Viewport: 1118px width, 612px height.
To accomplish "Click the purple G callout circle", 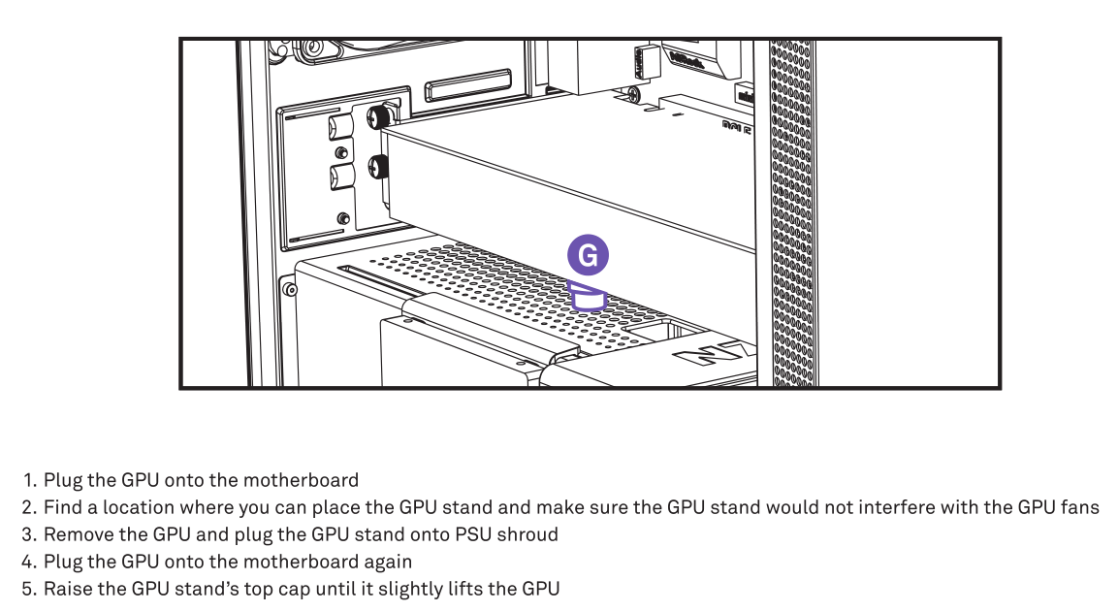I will [x=588, y=255].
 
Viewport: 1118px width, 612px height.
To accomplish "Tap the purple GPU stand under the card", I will [x=588, y=296].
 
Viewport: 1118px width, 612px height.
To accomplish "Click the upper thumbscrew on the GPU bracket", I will [x=378, y=116].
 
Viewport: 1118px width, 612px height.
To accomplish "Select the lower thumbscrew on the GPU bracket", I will [x=378, y=169].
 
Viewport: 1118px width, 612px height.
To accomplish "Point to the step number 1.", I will [x=29, y=480].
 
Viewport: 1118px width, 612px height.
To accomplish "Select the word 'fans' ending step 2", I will [x=1080, y=507].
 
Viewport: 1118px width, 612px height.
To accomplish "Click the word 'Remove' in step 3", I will [x=74, y=534].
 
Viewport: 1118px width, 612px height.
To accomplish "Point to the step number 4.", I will [x=29, y=562].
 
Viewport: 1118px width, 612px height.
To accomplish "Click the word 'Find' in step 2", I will [x=62, y=507].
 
